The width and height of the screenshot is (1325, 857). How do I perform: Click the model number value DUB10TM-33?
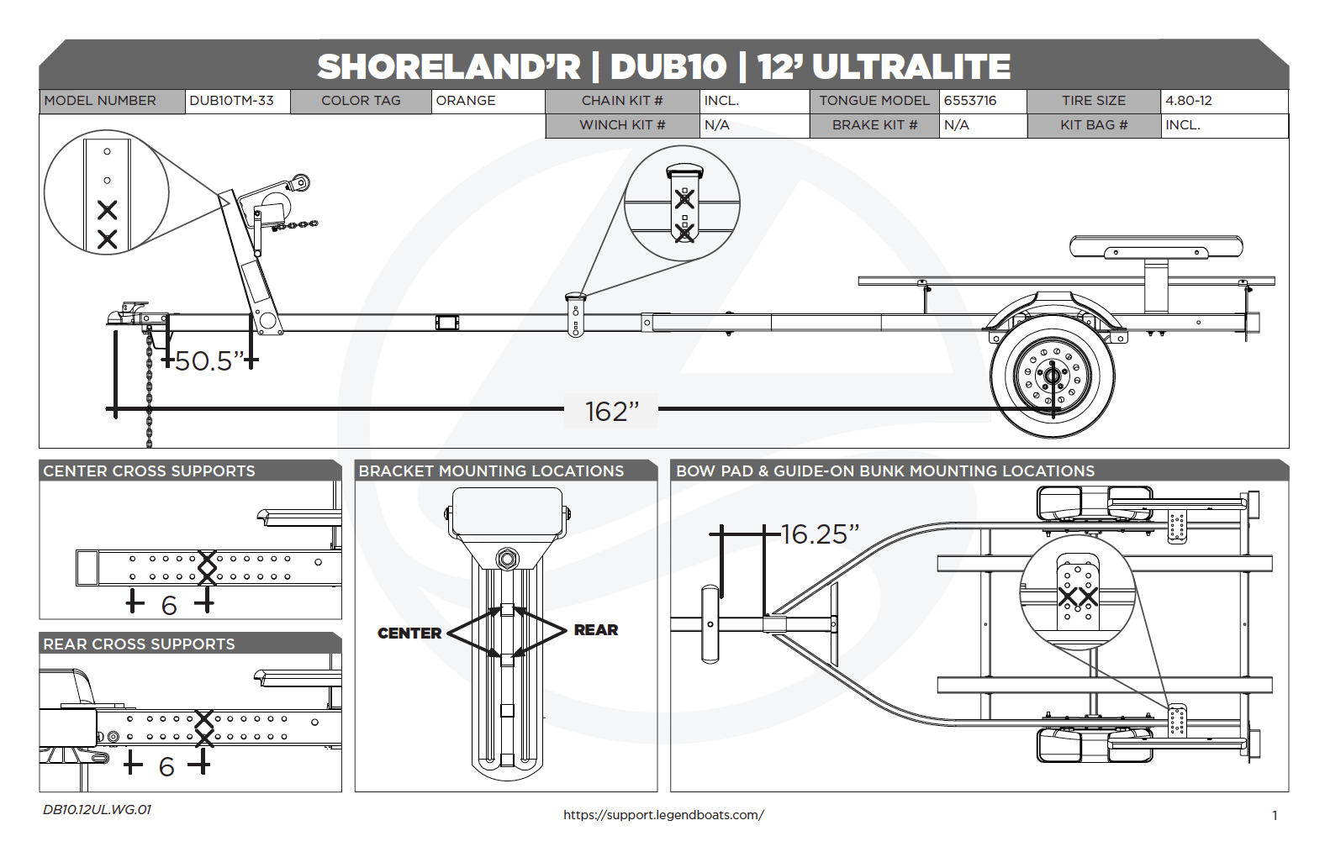[231, 101]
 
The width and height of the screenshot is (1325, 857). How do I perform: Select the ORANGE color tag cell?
[466, 101]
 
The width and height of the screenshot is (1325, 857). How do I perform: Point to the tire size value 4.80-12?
[1188, 101]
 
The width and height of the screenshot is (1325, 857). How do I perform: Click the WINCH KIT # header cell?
[621, 125]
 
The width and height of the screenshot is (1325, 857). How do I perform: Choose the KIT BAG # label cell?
[1093, 125]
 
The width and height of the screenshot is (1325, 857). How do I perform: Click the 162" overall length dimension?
[611, 412]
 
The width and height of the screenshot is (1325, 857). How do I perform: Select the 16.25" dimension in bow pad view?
[819, 534]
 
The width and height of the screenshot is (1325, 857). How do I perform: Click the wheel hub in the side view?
[1052, 376]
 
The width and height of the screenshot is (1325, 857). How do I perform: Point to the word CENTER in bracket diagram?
[409, 634]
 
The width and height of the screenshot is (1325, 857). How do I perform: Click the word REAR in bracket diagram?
[595, 630]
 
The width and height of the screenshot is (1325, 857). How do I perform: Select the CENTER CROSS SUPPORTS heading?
[149, 471]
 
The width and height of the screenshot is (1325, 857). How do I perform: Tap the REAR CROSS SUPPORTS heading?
[139, 644]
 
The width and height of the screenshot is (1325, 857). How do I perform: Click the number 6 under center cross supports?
[169, 606]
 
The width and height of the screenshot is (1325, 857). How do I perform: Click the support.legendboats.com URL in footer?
[663, 815]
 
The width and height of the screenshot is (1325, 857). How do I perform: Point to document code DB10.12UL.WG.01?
[97, 810]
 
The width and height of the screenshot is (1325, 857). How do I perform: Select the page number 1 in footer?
[1275, 816]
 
